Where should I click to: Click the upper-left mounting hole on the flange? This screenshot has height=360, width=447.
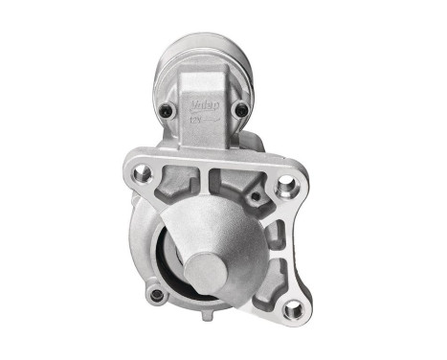pos(144,173)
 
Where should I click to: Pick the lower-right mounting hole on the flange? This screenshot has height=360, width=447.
pos(294,308)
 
